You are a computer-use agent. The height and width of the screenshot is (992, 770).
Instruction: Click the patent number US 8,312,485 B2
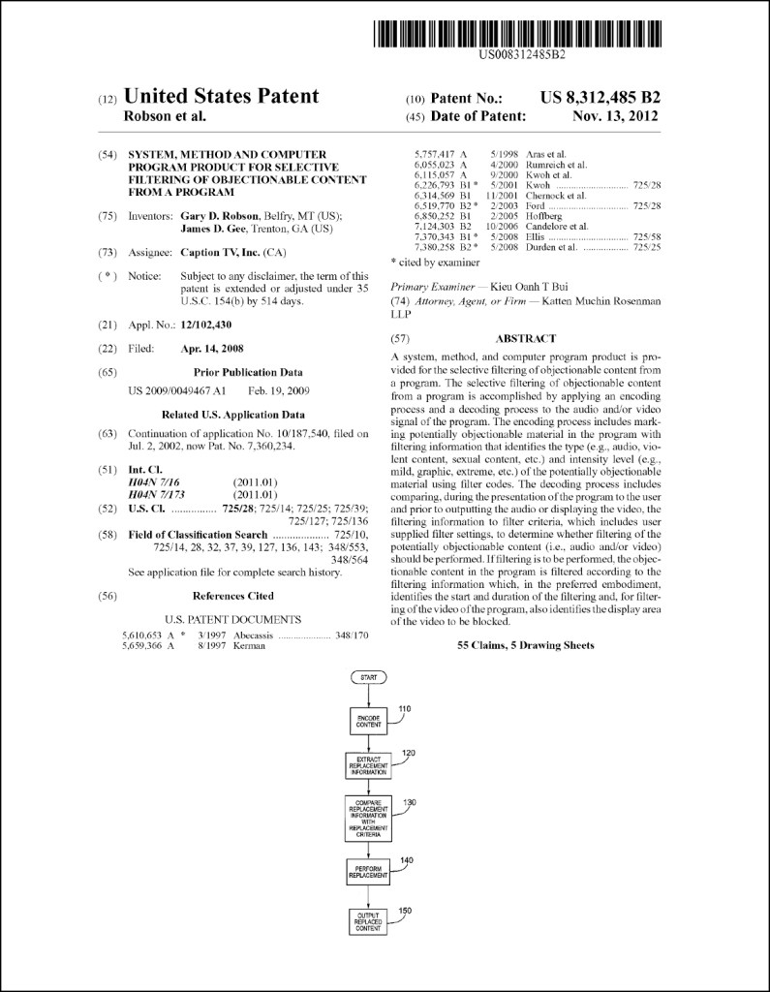click(600, 97)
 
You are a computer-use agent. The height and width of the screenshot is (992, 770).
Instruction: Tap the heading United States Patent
click(222, 96)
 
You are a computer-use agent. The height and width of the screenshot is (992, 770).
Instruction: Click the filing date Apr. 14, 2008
click(212, 349)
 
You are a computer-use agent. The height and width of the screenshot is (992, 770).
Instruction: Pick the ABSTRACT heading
click(525, 339)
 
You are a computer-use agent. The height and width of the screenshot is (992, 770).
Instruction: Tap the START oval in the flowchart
click(368, 677)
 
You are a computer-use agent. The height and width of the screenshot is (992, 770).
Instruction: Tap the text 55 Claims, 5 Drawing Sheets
click(525, 645)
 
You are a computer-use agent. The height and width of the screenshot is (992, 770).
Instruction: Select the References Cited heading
click(232, 596)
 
